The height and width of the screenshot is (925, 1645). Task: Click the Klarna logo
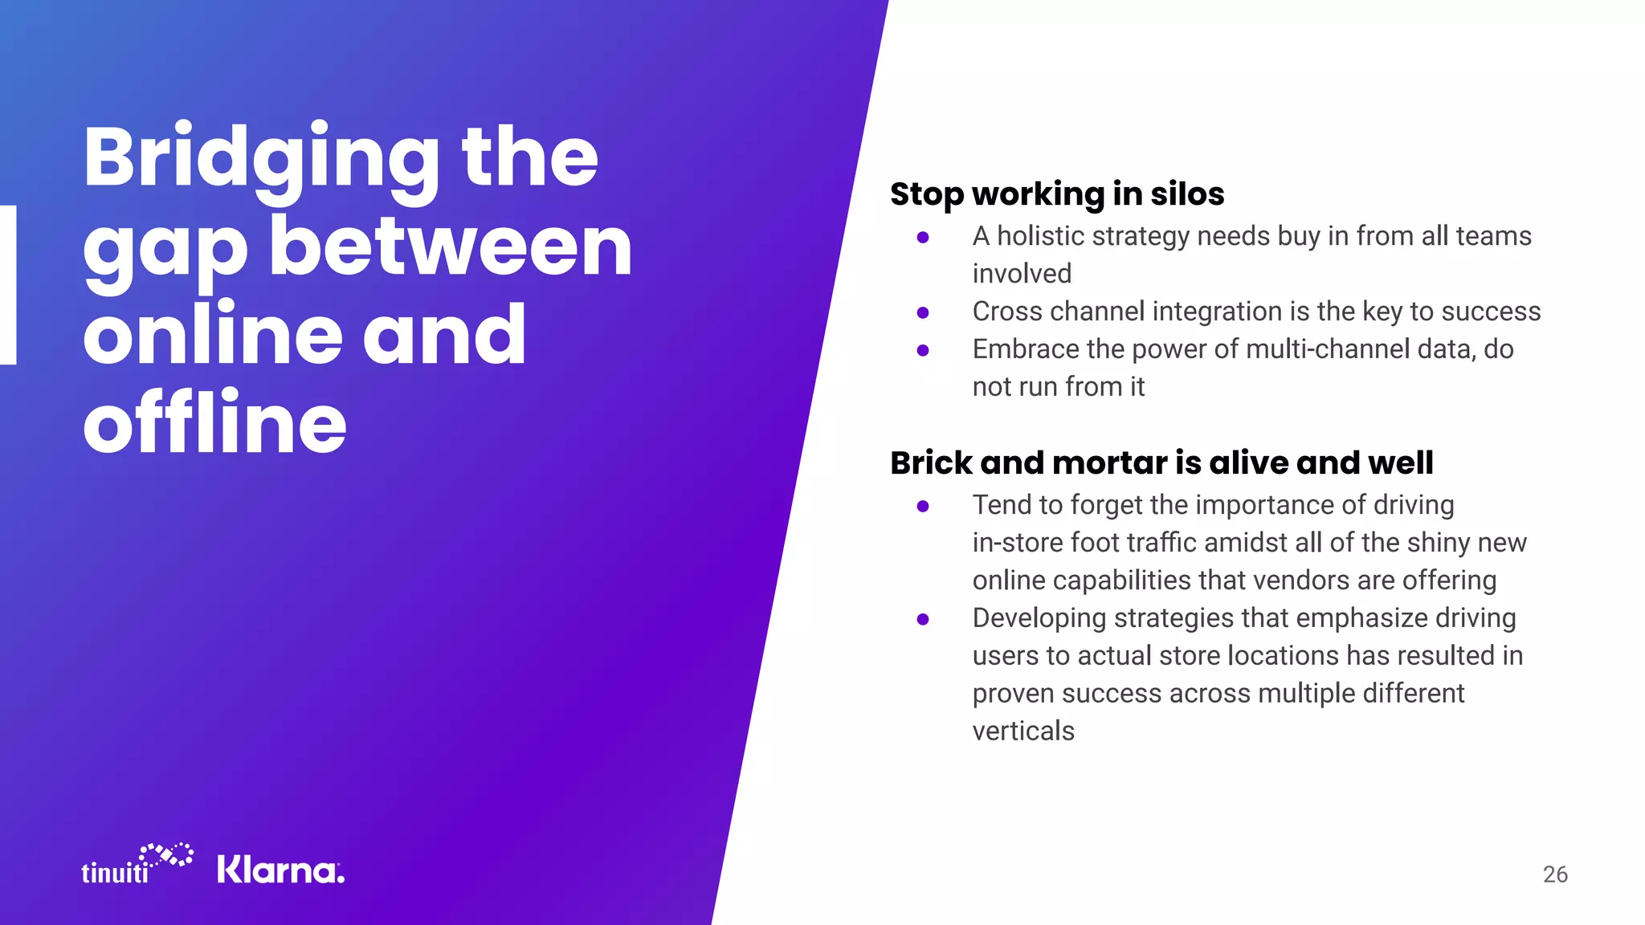point(280,870)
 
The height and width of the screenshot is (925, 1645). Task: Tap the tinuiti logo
point(137,866)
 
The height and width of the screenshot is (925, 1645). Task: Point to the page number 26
point(1555,874)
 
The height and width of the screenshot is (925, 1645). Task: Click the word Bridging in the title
point(261,158)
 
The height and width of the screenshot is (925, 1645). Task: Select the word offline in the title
point(214,422)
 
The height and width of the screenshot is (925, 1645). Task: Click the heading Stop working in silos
point(1057,194)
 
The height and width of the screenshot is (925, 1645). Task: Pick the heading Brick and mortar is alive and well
point(1161,463)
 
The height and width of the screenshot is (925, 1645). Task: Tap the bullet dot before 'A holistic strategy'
point(923,237)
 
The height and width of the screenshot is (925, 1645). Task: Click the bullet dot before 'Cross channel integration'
point(923,312)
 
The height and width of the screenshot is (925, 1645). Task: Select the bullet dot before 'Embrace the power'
point(923,350)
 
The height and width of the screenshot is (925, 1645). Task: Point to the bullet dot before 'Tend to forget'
point(923,506)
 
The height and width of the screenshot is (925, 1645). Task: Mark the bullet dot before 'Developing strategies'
point(923,619)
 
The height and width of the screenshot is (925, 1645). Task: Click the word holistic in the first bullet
point(1041,236)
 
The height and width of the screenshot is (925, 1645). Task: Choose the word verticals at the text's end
point(1023,731)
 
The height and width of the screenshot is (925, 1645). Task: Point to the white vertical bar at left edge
point(8,285)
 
